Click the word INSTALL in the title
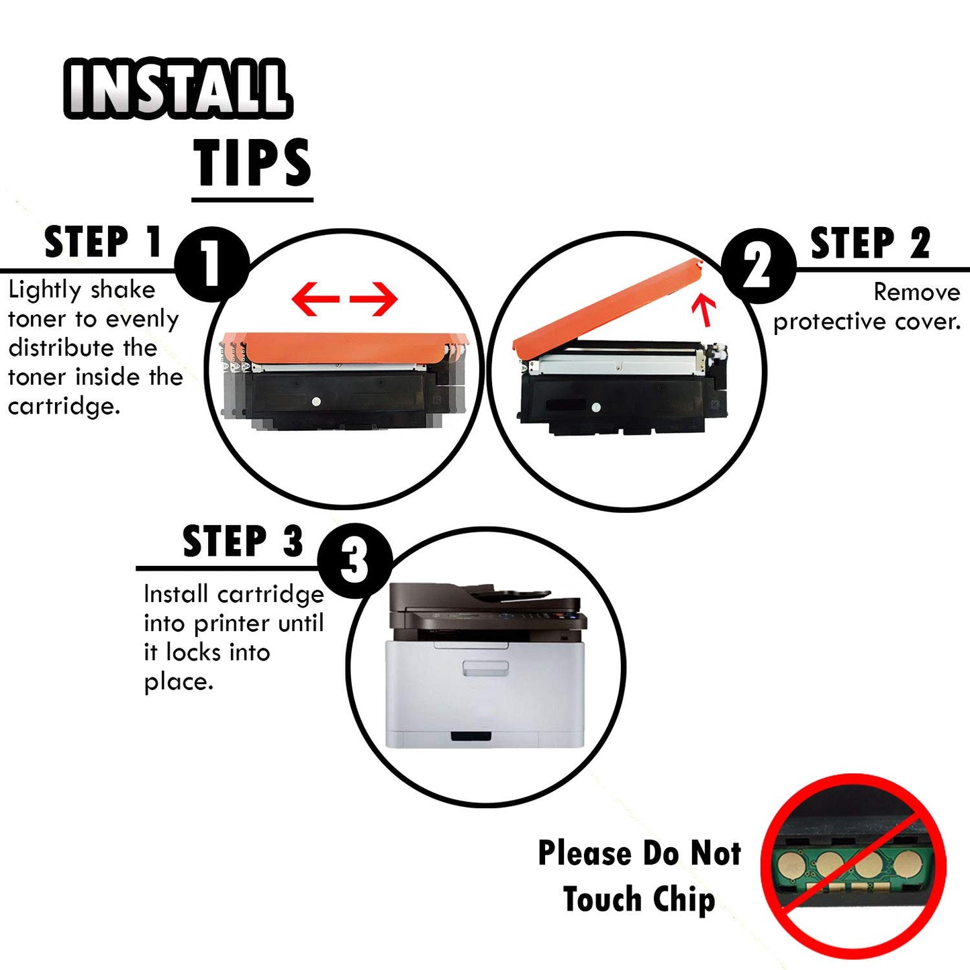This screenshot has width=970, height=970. click(177, 88)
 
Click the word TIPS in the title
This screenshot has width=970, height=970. click(252, 163)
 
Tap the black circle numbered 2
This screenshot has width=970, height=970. click(758, 266)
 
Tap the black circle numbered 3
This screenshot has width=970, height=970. click(354, 561)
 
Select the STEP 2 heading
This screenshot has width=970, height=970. click(870, 243)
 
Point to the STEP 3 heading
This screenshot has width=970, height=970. click(242, 542)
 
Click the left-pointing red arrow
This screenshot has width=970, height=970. click(316, 299)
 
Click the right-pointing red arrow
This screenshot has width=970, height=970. click(375, 299)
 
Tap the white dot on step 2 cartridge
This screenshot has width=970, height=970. click(595, 407)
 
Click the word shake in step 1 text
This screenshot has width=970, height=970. click(123, 290)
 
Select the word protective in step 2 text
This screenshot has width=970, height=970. click(830, 322)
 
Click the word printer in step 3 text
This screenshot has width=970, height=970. click(234, 624)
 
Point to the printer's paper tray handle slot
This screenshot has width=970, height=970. click(471, 736)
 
